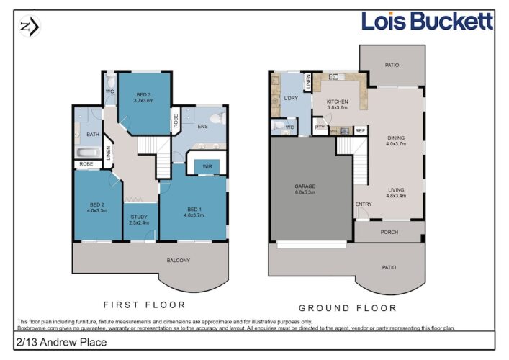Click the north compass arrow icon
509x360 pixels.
[x=30, y=26]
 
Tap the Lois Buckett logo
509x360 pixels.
[x=427, y=21]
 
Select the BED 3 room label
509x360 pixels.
[x=143, y=95]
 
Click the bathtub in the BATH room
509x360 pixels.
[x=89, y=153]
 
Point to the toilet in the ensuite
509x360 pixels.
[x=218, y=118]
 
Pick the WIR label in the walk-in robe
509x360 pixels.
[x=207, y=166]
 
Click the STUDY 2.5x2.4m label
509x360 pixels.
[x=139, y=220]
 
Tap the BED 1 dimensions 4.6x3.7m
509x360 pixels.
[x=194, y=215]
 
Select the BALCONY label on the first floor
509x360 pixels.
[x=179, y=261]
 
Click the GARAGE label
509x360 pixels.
[x=305, y=186]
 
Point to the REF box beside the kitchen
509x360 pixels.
[x=360, y=131]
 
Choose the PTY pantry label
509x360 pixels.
[x=320, y=127]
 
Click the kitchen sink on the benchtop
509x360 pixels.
[x=334, y=77]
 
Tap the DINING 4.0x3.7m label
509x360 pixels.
[x=396, y=140]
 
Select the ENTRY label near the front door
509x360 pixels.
[x=364, y=204]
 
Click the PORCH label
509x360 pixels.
[x=389, y=232]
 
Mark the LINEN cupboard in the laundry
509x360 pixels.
[x=308, y=82]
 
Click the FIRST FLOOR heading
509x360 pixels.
[x=145, y=305]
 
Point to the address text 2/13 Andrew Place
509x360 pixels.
[x=61, y=342]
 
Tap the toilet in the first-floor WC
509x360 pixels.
[x=111, y=80]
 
